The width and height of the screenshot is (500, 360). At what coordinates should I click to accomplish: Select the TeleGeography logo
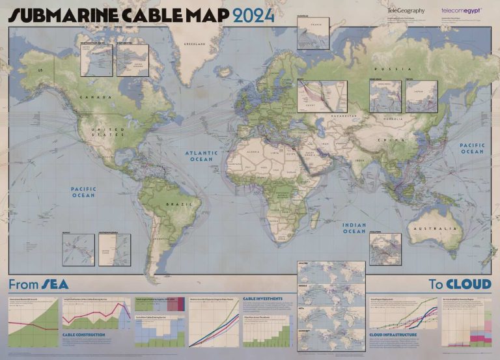coord(405,10)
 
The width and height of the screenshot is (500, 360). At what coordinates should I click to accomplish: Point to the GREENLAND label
coord(195,44)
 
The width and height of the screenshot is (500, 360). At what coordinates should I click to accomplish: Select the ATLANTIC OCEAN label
coord(202,156)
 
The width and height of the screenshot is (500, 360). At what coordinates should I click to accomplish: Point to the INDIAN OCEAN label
coord(354,228)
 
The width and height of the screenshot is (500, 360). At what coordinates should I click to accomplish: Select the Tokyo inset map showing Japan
coord(422,96)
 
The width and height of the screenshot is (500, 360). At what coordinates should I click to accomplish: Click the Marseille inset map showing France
coord(312,29)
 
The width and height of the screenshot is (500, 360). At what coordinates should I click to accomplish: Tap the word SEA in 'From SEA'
coord(54,284)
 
